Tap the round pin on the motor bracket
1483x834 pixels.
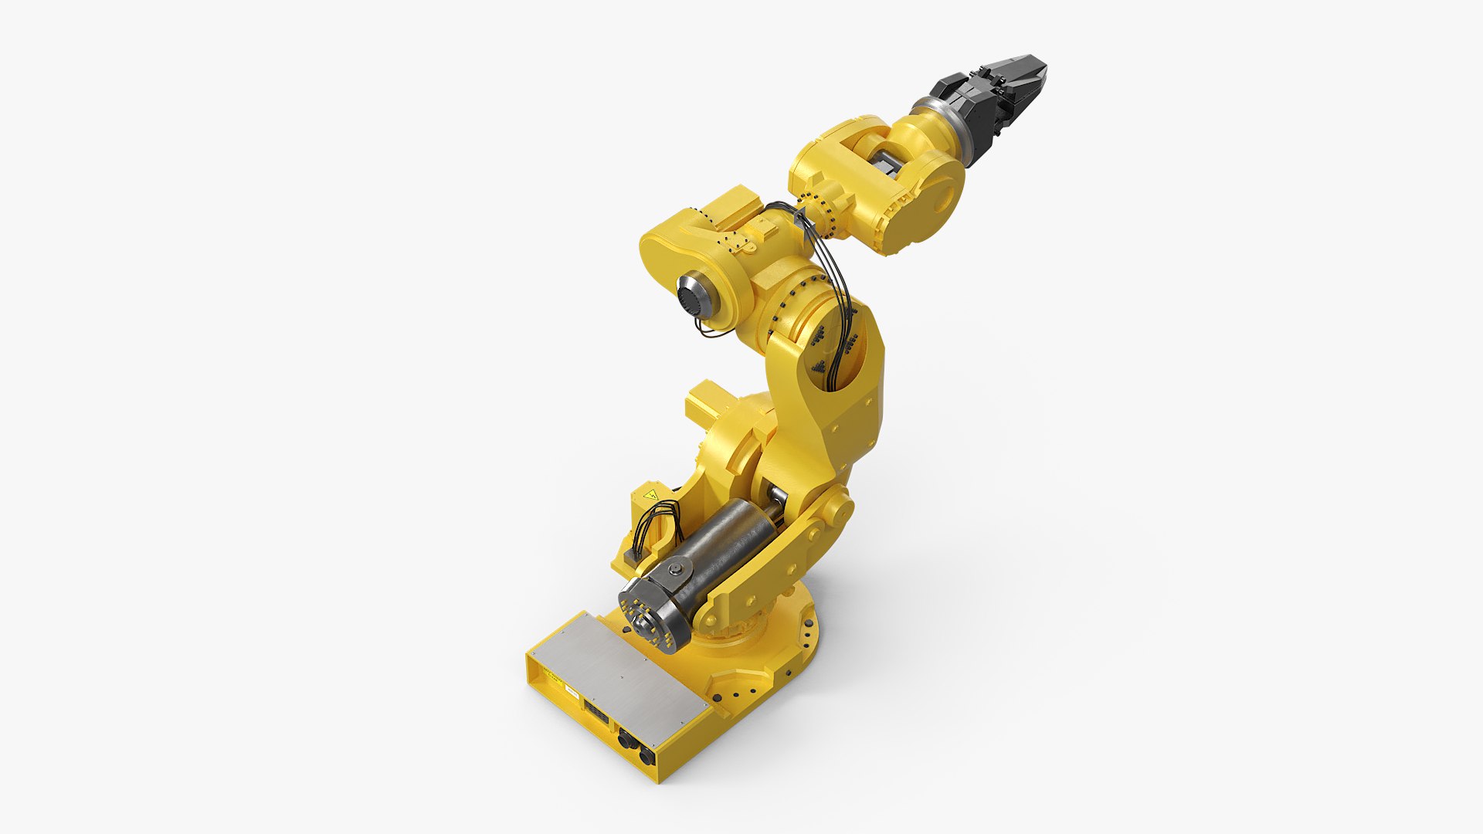coord(677,570)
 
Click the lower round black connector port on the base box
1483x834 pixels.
coord(646,755)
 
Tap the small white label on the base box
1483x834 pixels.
coord(572,692)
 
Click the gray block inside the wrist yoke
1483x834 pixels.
coord(888,165)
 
